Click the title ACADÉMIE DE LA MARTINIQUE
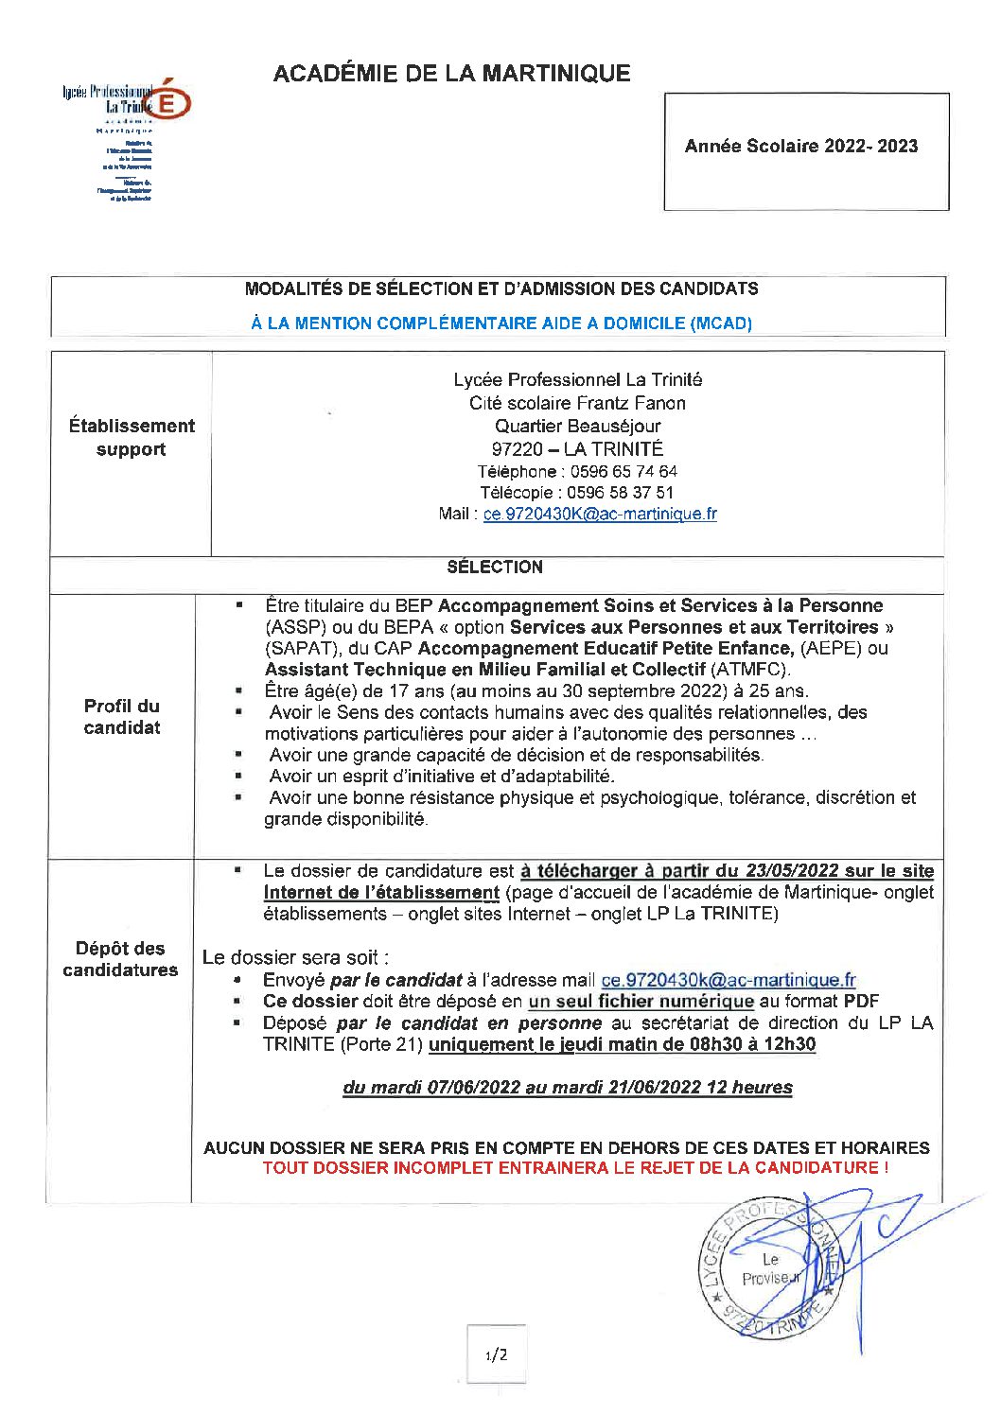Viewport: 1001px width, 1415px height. click(451, 74)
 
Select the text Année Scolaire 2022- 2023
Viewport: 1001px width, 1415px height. click(801, 147)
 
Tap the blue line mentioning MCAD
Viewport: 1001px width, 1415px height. click(501, 323)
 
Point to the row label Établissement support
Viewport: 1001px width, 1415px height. click(132, 438)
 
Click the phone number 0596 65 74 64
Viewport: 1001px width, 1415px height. click(622, 472)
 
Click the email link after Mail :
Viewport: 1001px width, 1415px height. click(600, 515)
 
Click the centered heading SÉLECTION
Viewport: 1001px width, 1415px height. click(495, 568)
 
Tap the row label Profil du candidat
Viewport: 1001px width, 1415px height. click(122, 717)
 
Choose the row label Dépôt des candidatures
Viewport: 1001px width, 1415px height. click(120, 959)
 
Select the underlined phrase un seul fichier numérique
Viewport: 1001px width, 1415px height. click(641, 1002)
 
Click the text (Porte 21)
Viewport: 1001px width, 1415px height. click(380, 1045)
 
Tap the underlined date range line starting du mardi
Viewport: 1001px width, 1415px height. click(568, 1088)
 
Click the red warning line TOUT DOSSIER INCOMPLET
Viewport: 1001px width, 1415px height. click(575, 1168)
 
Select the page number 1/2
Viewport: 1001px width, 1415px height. click(496, 1355)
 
